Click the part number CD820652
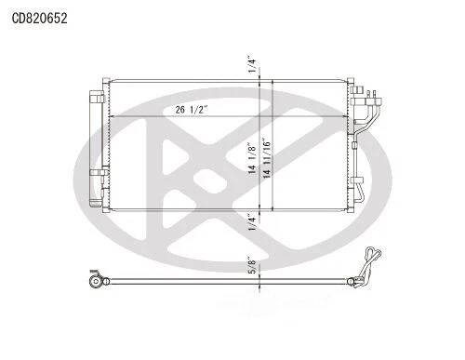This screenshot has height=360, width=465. tap(38, 17)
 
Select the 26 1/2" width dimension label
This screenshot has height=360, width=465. tap(192, 110)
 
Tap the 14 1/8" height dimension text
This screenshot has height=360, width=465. tap(253, 159)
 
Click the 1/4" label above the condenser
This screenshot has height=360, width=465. tap(253, 64)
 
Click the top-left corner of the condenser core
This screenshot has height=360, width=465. tap(110, 82)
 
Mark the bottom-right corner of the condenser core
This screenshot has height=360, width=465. tap(351, 211)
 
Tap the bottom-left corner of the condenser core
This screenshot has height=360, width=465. tap(110, 211)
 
